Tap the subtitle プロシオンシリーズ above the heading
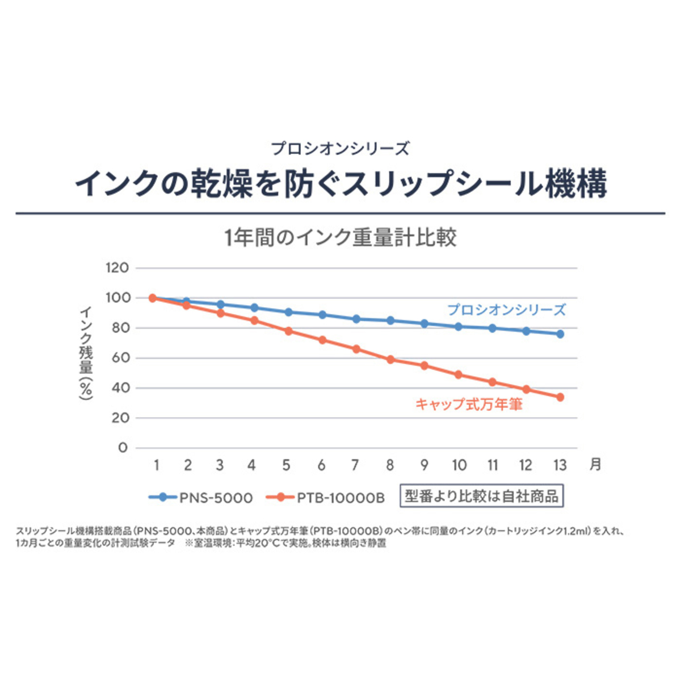[340, 149]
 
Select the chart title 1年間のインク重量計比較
[340, 238]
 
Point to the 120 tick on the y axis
[117, 268]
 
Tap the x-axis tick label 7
[355, 465]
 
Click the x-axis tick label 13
[560, 465]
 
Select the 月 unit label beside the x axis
[595, 464]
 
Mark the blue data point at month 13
[560, 334]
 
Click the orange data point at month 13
[560, 397]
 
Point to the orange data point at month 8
[390, 360]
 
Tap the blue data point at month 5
[288, 312]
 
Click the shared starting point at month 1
[153, 298]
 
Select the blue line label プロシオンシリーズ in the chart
[506, 310]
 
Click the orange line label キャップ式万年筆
[469, 404]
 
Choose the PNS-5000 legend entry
[201, 498]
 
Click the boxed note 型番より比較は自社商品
[481, 496]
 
